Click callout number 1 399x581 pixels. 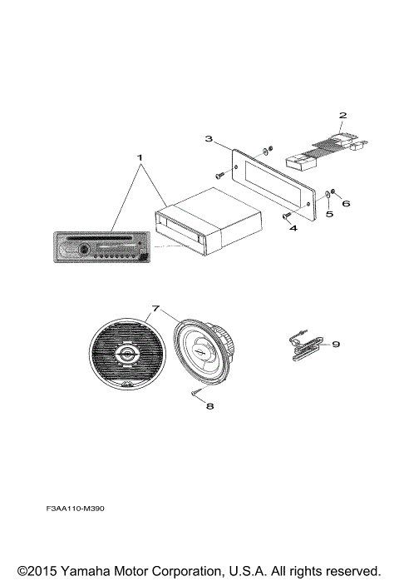[x=140, y=157]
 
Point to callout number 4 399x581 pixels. [x=293, y=228]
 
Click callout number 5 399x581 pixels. [x=328, y=213]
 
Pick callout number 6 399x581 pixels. [x=347, y=203]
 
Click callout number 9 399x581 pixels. [x=336, y=343]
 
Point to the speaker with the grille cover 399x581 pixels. [x=127, y=356]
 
